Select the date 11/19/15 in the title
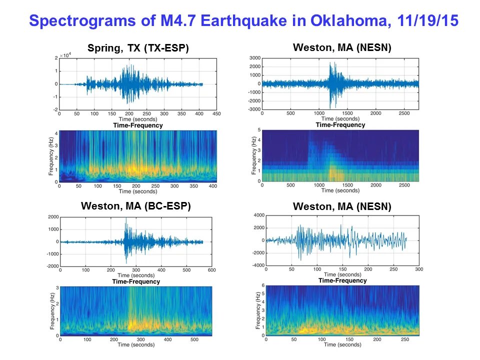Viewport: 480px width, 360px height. pos(429,21)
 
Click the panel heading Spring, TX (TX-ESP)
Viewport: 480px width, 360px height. pos(138,48)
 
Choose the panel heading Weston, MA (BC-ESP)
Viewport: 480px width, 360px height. pos(136,205)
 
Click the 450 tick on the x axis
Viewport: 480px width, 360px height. pos(217,114)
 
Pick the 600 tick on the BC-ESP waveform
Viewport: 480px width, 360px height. pos(211,270)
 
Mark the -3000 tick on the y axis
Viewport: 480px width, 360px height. pos(254,108)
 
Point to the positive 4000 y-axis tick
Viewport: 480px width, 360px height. pos(257,215)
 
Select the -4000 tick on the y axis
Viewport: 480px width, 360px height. pos(256,265)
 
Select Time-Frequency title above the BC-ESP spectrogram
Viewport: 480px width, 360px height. pos(136,281)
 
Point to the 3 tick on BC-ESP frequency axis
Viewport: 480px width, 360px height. pos(56,287)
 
